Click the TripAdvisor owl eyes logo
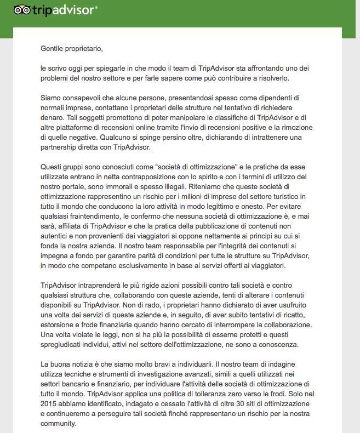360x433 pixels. tap(21, 10)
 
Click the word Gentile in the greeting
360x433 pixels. tap(53, 48)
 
